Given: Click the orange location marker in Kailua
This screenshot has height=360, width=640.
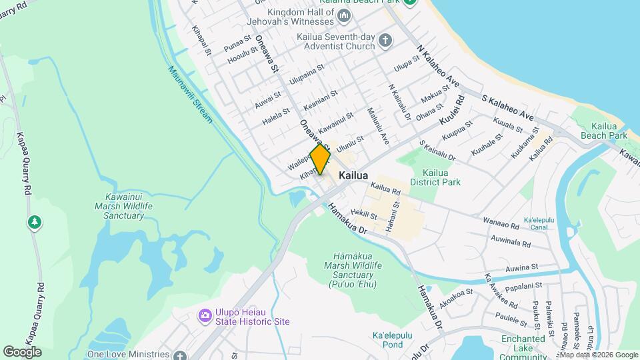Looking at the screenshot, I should tap(320, 159).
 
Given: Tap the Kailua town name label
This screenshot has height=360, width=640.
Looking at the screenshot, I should tap(353, 175).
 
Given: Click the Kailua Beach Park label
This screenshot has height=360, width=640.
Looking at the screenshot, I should tap(609, 131).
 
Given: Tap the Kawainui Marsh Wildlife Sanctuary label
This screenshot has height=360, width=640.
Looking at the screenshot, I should tap(129, 206).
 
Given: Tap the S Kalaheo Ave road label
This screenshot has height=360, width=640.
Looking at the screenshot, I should tap(507, 107).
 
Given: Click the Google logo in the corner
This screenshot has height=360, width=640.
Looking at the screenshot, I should tap(22, 351).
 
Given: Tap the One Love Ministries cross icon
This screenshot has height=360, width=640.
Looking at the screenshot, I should tap(179, 355).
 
